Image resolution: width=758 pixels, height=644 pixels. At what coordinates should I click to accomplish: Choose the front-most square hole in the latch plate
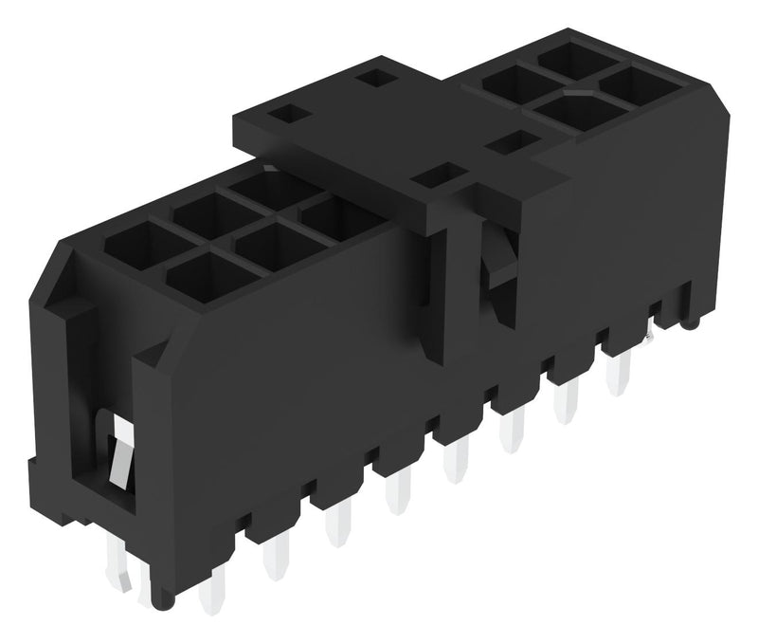[x=438, y=175]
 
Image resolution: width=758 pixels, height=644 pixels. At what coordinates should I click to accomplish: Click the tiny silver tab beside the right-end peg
[x=653, y=335]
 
